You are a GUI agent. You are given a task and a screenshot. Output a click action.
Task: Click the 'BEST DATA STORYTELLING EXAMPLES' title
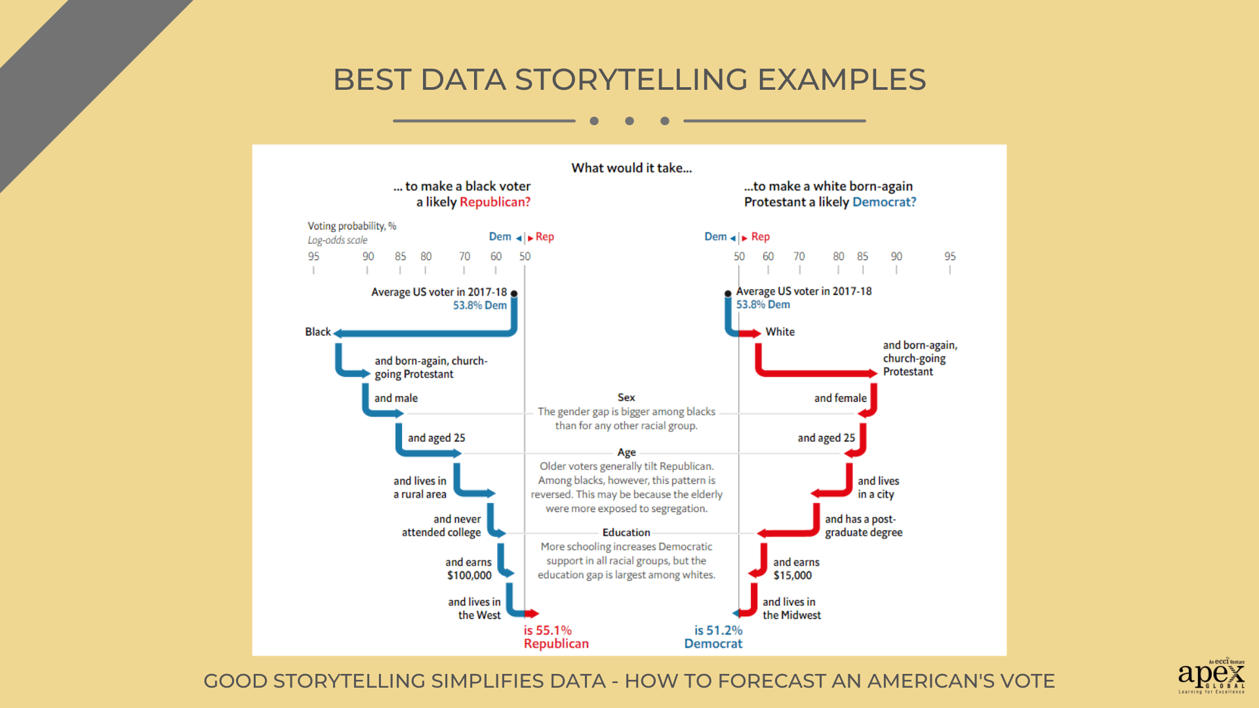(x=629, y=80)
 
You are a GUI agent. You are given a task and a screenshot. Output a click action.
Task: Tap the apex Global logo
(x=1211, y=675)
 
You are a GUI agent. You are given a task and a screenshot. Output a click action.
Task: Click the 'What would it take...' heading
(x=631, y=168)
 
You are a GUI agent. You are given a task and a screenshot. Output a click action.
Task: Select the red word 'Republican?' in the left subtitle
(x=495, y=202)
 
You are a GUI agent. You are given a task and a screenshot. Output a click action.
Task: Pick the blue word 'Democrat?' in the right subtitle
(x=884, y=202)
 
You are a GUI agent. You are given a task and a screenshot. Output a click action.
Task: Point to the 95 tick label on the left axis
(x=313, y=256)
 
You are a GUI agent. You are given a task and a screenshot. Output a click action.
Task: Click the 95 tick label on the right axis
(x=949, y=256)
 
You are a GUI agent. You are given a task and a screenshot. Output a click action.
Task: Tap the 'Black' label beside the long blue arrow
(x=318, y=332)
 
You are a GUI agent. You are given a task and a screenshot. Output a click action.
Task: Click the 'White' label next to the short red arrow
(x=780, y=332)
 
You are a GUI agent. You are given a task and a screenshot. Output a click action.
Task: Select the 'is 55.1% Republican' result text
(x=556, y=637)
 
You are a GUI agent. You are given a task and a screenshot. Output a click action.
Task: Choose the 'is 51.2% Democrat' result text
(x=713, y=637)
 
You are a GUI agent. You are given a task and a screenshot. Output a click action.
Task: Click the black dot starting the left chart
(x=514, y=294)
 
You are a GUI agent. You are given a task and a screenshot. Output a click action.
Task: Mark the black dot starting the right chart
(x=728, y=294)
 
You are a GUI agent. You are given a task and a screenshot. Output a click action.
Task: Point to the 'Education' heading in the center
(x=626, y=532)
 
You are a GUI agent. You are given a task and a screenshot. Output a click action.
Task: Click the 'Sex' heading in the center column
(x=626, y=397)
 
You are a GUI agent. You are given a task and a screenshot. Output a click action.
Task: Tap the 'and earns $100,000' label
(x=469, y=568)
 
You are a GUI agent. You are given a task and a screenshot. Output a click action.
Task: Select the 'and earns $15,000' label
(x=796, y=568)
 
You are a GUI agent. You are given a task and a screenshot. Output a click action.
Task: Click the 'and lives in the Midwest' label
(x=791, y=608)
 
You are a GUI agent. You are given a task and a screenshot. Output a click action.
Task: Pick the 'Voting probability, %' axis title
(x=352, y=226)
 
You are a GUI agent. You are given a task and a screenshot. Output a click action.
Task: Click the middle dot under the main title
(x=629, y=121)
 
